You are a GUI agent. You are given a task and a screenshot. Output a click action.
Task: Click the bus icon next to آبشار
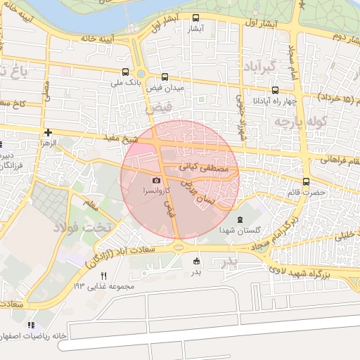pyautogui.click(x=195, y=18)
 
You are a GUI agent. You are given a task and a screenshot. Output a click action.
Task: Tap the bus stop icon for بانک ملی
pyautogui.click(x=125, y=71)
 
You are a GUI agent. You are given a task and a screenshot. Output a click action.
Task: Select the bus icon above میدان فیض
pyautogui.click(x=165, y=77)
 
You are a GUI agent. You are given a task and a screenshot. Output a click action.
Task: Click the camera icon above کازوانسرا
pyautogui.click(x=156, y=180)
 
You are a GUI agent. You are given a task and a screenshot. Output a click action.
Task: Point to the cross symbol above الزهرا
pyautogui.click(x=48, y=131)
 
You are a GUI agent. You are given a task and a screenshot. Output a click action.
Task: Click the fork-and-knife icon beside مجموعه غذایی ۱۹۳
pyautogui.click(x=104, y=276)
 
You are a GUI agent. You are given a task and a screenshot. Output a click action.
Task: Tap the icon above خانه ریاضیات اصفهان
pyautogui.click(x=31, y=325)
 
